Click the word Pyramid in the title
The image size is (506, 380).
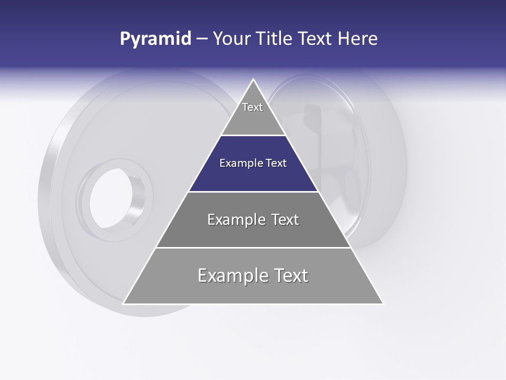point(155,39)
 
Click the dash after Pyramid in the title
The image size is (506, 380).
point(201,39)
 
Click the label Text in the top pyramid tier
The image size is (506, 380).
point(252,107)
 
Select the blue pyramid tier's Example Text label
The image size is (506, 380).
point(253,163)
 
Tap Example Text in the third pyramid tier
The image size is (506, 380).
point(253,220)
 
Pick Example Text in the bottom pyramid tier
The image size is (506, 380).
point(253,275)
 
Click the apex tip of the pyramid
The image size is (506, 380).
point(254,80)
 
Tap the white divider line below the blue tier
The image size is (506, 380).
point(253,192)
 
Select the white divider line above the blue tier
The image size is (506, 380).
point(253,136)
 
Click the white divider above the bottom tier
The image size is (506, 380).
point(253,248)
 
